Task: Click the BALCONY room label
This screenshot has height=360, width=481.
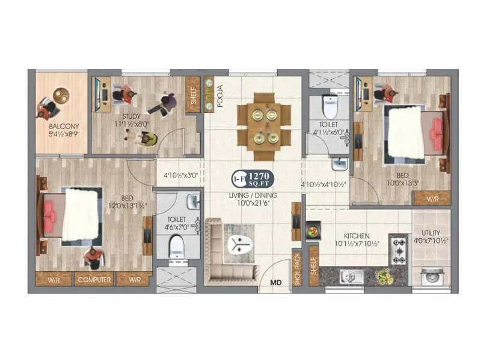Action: click(x=61, y=127)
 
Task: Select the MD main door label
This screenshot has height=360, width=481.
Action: click(x=275, y=281)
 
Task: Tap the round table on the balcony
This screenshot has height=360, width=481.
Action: click(x=61, y=95)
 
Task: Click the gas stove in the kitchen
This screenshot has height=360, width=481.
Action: click(x=399, y=251)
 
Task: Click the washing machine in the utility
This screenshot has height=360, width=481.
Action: click(x=430, y=276)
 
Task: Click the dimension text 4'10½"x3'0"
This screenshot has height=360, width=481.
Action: click(x=180, y=176)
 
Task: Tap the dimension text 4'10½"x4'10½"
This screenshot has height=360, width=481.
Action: click(x=324, y=184)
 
